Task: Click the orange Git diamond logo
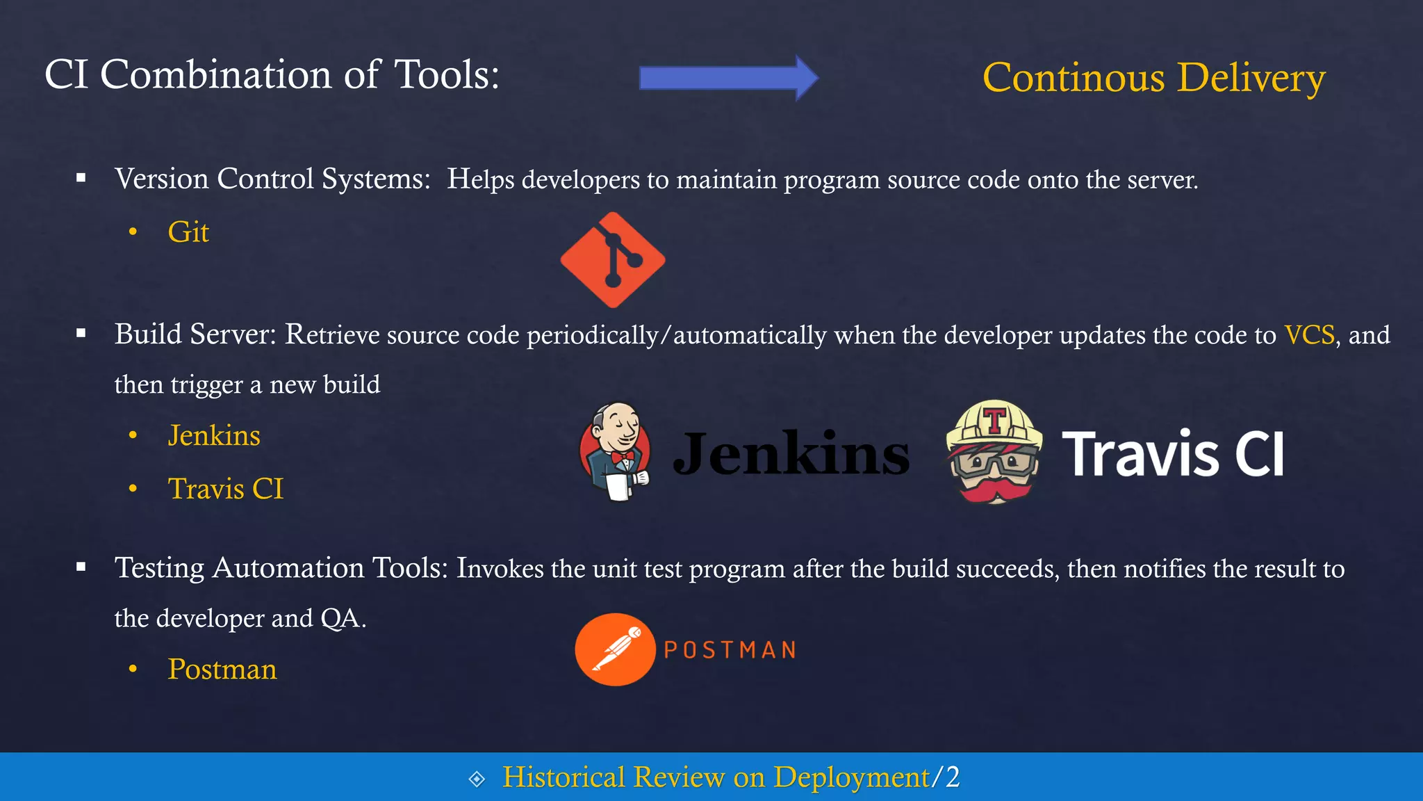coord(613,260)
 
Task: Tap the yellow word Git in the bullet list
coord(188,232)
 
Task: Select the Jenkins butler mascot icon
coord(615,451)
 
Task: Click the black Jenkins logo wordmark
coord(791,454)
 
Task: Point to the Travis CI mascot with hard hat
coord(994,452)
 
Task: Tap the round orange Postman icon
coord(615,649)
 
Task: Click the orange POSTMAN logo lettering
coord(730,650)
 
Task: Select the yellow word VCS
coord(1309,335)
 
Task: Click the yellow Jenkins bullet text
coord(214,436)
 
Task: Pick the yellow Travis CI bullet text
coord(226,489)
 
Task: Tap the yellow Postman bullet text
coord(222,670)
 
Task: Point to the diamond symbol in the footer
coord(477,779)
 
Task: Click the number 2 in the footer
coord(952,777)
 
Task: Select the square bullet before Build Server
coord(81,334)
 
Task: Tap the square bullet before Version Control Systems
coord(81,179)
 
